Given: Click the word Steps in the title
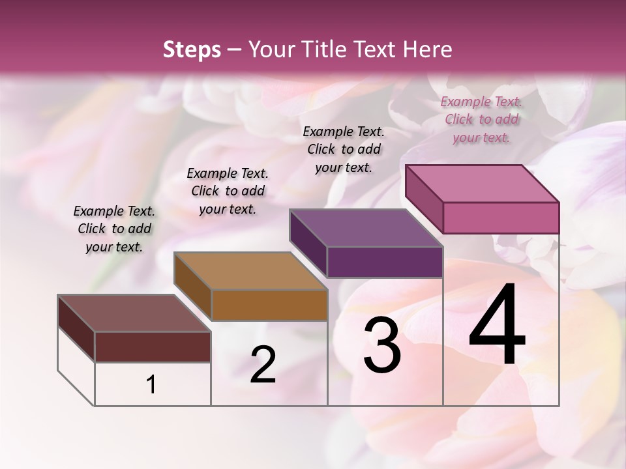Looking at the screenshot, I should point(192,50).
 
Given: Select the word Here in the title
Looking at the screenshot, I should point(426,50).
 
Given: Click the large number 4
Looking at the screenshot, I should point(497,326).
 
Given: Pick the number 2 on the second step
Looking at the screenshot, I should point(263,365).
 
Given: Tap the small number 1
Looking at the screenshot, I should point(151,385).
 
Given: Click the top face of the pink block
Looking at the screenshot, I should point(483,183).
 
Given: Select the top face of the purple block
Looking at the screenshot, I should point(366,227).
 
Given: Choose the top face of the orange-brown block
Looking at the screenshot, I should point(250,270).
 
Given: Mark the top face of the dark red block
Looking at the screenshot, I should point(134,313).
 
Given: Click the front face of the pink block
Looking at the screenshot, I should point(501,218).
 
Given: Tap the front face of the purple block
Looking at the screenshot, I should point(385,262).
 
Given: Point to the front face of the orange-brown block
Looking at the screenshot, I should point(269,305).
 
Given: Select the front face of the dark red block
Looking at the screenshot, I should point(153,347).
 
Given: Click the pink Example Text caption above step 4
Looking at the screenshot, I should point(481,119).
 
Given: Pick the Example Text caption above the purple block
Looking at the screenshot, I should point(344,149).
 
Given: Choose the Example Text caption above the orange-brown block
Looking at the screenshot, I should point(228,191).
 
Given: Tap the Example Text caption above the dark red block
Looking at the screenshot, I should point(114,229).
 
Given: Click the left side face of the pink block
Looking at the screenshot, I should point(424,198).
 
